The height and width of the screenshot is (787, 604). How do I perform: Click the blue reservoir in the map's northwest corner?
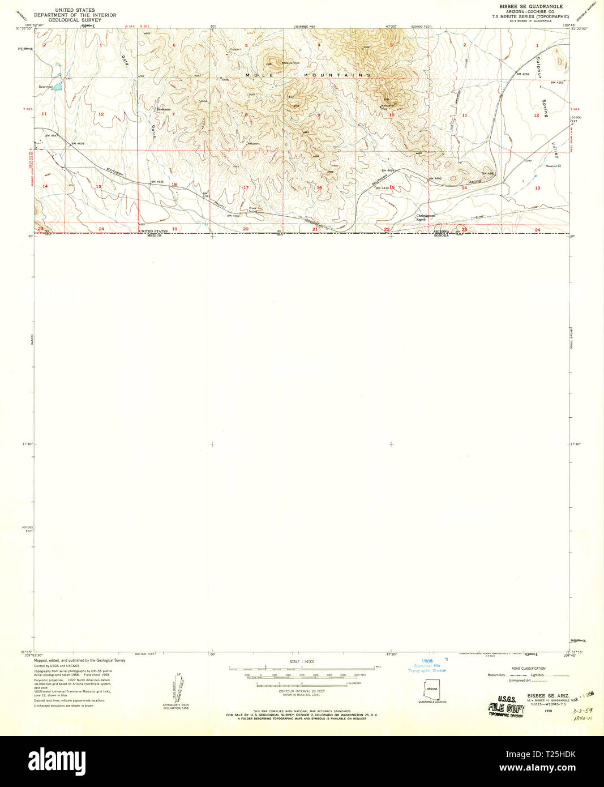tap(56, 87)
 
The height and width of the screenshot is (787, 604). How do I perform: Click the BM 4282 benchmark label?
tap(522, 74)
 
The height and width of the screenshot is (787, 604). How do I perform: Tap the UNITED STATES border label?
tap(153, 232)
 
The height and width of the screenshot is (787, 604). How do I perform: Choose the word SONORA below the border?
tap(440, 236)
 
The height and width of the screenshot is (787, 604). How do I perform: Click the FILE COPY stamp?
tap(506, 708)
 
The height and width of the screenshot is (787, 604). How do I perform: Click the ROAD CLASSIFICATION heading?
tap(528, 669)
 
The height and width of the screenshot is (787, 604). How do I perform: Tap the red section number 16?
tap(319, 188)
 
